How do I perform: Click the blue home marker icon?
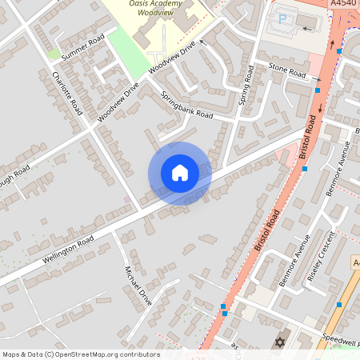point(180,173)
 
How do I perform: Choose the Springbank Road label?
point(187,105)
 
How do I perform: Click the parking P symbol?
point(282,18)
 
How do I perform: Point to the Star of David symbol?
point(280,342)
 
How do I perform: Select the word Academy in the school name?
point(167,4)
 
